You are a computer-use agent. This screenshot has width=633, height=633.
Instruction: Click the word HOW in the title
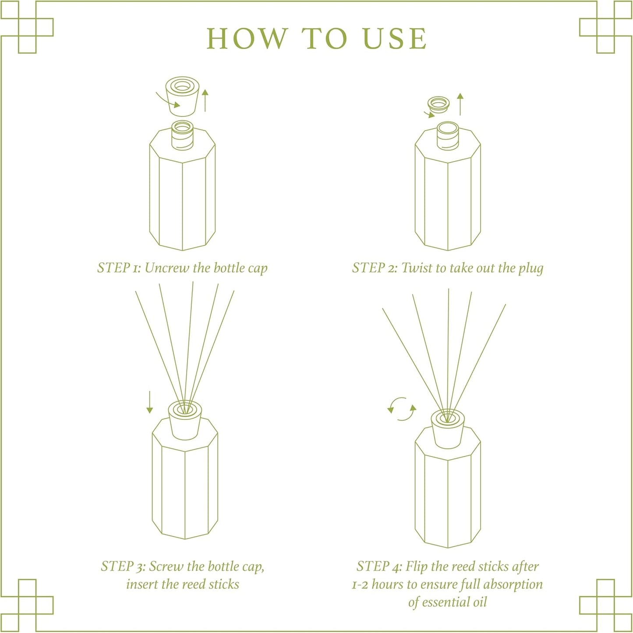click(246, 39)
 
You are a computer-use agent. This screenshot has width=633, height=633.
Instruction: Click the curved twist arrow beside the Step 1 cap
click(168, 100)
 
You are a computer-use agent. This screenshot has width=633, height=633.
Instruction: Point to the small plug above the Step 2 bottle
click(439, 104)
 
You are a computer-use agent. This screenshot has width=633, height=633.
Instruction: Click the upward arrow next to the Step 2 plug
click(460, 104)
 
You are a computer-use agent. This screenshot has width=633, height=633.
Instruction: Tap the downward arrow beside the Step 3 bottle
click(150, 402)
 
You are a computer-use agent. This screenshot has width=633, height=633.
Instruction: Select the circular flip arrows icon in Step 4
click(402, 409)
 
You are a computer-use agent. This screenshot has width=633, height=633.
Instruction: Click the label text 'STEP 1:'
click(119, 268)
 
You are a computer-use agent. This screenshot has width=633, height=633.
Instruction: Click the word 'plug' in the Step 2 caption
click(530, 268)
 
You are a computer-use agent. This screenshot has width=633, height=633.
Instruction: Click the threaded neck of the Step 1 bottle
click(182, 136)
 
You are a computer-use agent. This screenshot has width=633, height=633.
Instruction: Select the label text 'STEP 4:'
click(379, 566)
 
